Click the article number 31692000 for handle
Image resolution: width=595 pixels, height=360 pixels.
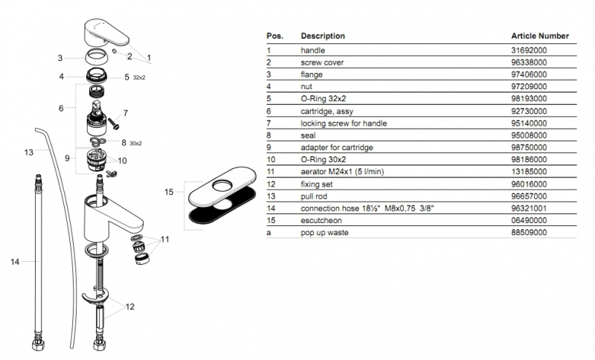(x=529, y=50)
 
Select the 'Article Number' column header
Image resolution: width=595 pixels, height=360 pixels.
(x=540, y=36)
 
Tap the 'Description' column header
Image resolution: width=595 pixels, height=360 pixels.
(x=322, y=36)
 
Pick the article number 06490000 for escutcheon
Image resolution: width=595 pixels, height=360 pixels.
(x=529, y=221)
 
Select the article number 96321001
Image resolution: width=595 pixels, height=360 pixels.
(x=529, y=209)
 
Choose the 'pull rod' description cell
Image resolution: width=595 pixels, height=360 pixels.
(x=315, y=196)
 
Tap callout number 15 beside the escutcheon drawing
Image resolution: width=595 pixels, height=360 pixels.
(x=169, y=192)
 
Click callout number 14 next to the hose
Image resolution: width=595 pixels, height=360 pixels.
(x=15, y=261)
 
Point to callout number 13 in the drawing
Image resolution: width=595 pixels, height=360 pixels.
(x=28, y=152)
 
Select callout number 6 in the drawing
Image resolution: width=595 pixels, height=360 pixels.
(x=61, y=108)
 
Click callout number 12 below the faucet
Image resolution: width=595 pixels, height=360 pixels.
(x=130, y=306)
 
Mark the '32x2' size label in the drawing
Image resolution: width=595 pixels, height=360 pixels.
(x=140, y=77)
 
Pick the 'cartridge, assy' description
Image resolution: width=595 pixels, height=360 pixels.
(x=327, y=111)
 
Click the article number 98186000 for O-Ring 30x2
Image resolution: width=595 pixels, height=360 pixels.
(x=529, y=160)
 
